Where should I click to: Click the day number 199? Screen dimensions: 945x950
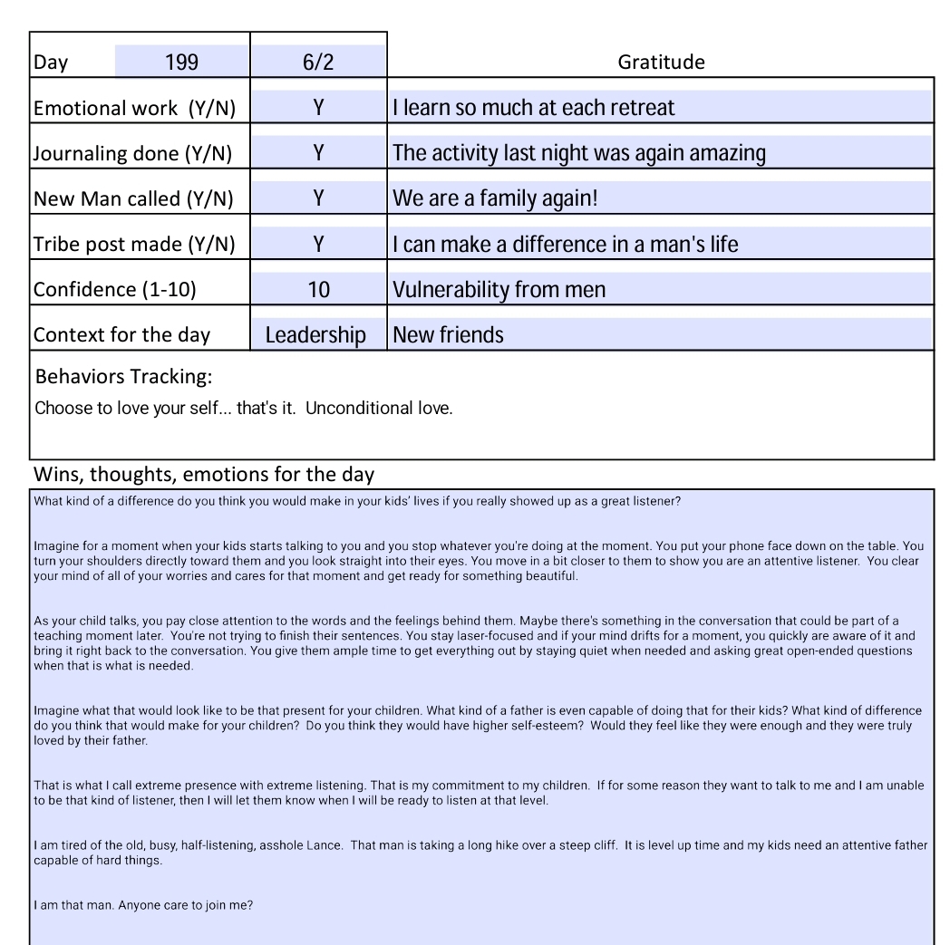181,63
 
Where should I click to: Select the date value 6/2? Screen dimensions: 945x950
318,63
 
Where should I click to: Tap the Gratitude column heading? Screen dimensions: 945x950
661,63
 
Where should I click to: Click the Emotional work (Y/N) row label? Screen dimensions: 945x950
134,109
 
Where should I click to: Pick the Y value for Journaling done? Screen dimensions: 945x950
318,153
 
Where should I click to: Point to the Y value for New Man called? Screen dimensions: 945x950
318,198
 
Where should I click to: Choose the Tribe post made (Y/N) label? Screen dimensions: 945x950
134,244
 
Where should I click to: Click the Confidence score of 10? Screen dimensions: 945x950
318,290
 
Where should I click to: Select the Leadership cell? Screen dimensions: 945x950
315,335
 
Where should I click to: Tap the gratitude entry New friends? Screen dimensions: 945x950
448,335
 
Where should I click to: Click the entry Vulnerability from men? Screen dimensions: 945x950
499,290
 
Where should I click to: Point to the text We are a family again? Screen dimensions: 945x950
495,198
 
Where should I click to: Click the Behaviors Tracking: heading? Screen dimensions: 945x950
123,376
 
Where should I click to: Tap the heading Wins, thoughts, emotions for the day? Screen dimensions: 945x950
204,474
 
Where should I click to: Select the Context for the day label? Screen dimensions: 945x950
121,335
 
